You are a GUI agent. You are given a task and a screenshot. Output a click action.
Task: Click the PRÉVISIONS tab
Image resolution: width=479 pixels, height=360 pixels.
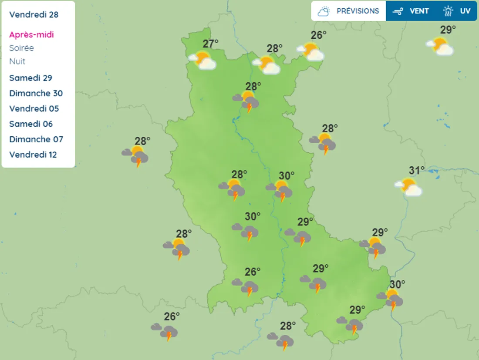pyautogui.click(x=348, y=11)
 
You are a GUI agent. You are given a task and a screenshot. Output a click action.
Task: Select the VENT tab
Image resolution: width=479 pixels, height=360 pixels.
pyautogui.click(x=412, y=11)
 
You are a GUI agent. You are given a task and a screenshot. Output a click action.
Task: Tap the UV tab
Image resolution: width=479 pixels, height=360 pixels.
pyautogui.click(x=457, y=11)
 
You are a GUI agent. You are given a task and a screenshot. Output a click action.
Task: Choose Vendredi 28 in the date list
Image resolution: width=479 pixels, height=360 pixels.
pyautogui.click(x=34, y=14)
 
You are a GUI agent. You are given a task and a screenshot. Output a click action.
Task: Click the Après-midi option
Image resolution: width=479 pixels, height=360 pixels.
pyautogui.click(x=31, y=34)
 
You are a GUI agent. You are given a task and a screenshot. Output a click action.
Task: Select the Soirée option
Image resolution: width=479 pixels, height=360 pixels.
pyautogui.click(x=21, y=48)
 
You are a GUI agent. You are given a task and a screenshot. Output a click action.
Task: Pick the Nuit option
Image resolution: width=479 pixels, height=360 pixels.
pyautogui.click(x=17, y=61)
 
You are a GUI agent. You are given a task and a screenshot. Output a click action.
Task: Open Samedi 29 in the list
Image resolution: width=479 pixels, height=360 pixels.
pyautogui.click(x=30, y=78)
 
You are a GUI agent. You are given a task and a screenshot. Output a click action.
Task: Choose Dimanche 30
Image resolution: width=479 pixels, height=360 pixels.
pyautogui.click(x=36, y=93)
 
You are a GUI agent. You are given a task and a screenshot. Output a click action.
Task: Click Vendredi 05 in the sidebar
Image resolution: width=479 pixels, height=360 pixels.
pyautogui.click(x=34, y=108)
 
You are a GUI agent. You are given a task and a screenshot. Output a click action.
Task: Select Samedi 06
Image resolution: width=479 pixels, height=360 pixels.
pyautogui.click(x=30, y=124)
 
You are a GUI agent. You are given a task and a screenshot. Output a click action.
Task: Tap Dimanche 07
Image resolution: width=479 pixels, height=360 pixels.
pyautogui.click(x=36, y=139)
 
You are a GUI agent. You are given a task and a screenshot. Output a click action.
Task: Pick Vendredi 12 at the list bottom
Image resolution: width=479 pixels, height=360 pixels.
pyautogui.click(x=33, y=155)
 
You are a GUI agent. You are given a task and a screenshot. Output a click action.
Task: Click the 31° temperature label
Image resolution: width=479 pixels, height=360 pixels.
pyautogui.click(x=416, y=170)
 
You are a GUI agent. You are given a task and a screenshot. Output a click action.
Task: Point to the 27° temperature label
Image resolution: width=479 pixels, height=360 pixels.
pyautogui.click(x=210, y=44)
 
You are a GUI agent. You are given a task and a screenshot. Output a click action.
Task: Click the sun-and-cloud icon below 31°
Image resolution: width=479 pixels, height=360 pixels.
pyautogui.click(x=408, y=187)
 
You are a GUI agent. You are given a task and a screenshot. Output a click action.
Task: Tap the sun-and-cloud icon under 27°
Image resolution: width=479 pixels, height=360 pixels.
pyautogui.click(x=202, y=60)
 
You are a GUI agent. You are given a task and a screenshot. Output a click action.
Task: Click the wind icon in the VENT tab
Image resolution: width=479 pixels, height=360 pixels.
pyautogui.click(x=398, y=11)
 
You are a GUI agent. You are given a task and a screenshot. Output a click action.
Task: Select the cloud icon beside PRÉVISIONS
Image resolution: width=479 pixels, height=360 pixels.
pyautogui.click(x=324, y=11)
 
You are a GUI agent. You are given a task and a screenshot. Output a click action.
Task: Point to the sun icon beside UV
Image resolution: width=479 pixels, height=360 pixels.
pyautogui.click(x=448, y=11)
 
